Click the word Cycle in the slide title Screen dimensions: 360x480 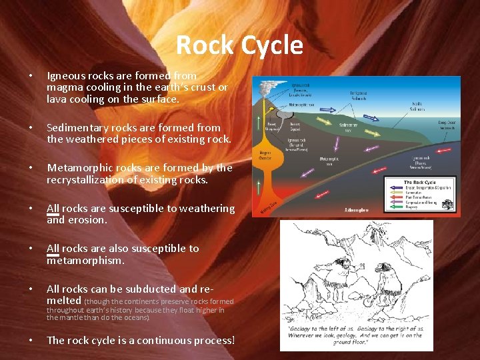tap(271, 45)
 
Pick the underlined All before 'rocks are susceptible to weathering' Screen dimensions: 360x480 tap(53, 209)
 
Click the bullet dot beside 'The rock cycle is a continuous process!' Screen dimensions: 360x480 tap(30, 341)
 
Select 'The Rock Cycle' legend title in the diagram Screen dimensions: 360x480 tap(420, 182)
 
